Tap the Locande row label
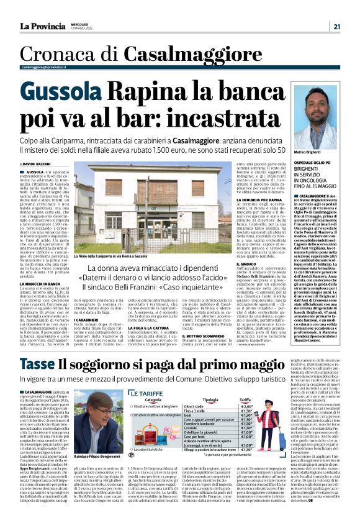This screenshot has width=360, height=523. tap(191, 437)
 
